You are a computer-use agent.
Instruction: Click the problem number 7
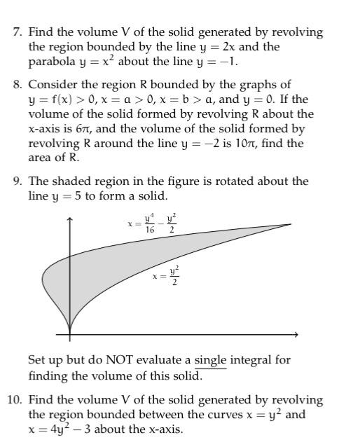click(18, 32)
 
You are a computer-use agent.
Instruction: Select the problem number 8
click(18, 85)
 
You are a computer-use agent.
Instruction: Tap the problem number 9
click(18, 181)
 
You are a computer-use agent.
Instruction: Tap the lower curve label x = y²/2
click(166, 275)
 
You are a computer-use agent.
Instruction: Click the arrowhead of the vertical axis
click(69, 221)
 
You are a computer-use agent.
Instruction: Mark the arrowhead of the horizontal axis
click(298, 334)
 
